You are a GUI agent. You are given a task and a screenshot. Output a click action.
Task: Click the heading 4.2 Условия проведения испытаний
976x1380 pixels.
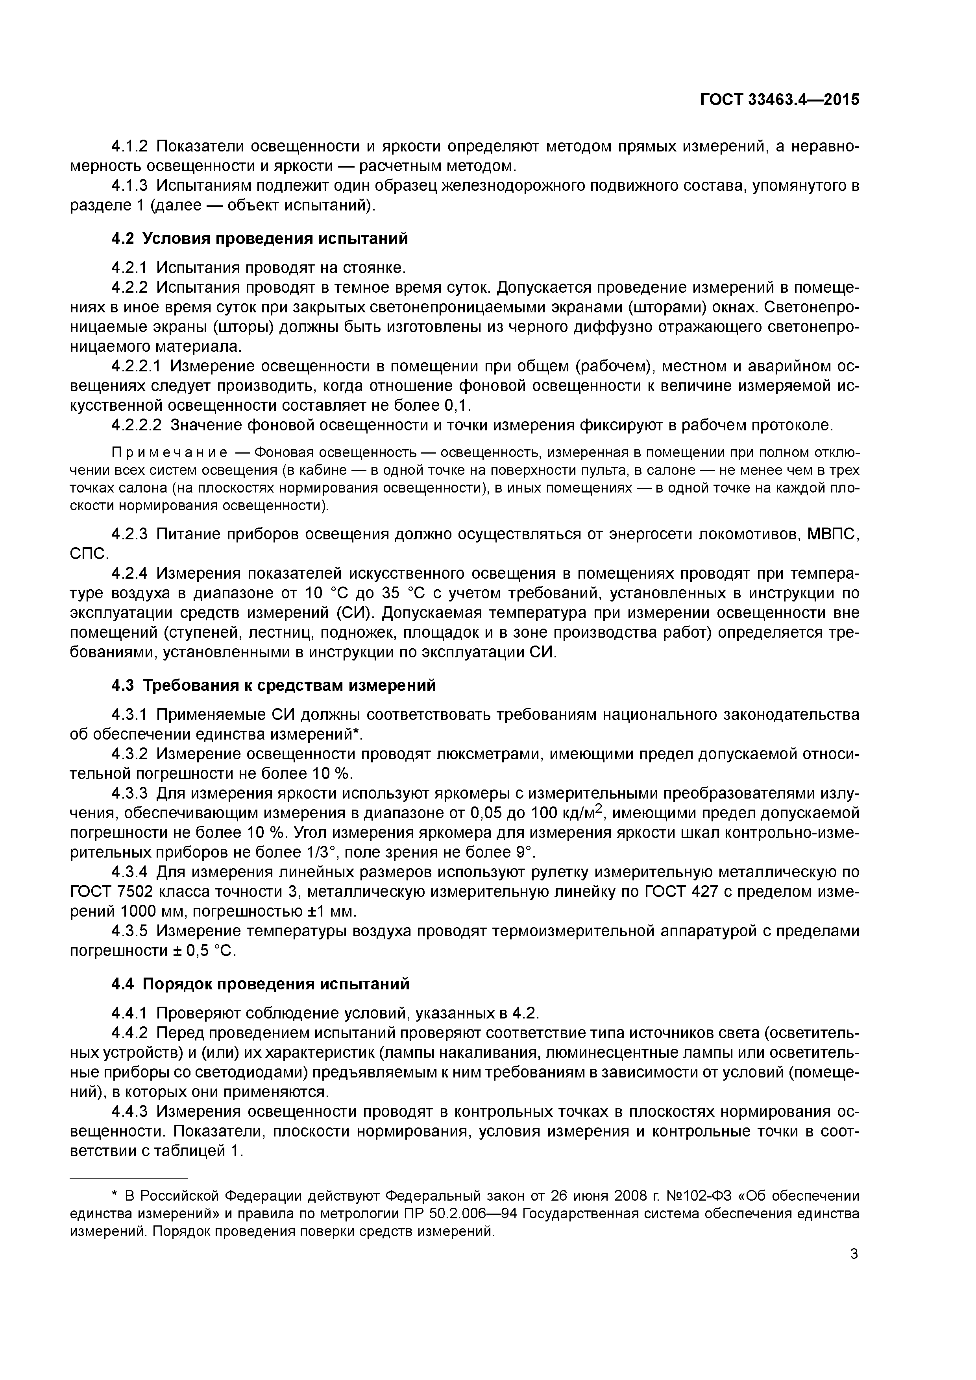[259, 239]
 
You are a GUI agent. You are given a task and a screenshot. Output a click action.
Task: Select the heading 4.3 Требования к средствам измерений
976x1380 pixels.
[274, 685]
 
